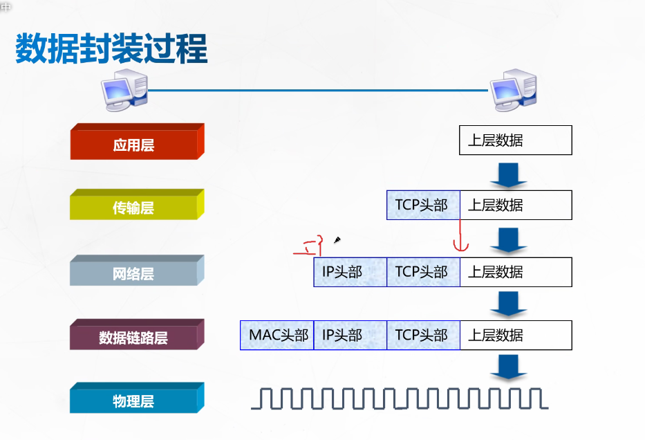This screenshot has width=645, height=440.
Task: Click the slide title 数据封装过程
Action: (x=111, y=48)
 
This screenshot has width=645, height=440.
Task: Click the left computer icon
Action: (x=124, y=91)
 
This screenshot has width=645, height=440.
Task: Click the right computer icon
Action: (x=513, y=91)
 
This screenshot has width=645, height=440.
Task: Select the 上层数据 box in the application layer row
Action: (x=515, y=140)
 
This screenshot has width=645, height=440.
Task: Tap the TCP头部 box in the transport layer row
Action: (x=422, y=205)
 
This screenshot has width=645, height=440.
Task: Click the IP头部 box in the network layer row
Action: (x=349, y=272)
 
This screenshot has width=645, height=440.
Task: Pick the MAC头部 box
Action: (x=277, y=336)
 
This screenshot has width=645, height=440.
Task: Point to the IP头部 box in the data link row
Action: (x=349, y=336)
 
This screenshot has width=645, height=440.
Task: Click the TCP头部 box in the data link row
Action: (x=422, y=336)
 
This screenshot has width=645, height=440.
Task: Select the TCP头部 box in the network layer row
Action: (x=422, y=272)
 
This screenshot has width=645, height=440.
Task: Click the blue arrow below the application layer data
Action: (x=509, y=174)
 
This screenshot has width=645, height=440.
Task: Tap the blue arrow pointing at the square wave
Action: (x=509, y=367)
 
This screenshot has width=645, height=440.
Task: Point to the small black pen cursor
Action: (x=337, y=240)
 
